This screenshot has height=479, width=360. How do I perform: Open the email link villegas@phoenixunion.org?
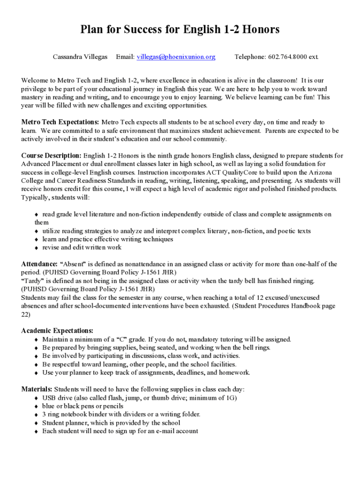(x=176, y=57)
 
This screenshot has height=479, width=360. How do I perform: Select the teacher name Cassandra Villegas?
(x=80, y=57)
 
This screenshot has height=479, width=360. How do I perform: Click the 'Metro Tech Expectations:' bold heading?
(x=60, y=123)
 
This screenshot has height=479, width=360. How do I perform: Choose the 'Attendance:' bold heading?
(x=40, y=264)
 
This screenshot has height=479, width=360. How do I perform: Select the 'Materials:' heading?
(x=37, y=389)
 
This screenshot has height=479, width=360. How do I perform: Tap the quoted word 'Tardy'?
(x=32, y=281)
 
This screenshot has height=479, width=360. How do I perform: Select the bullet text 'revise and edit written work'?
(x=82, y=247)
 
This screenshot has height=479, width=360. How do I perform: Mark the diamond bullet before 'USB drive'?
(x=36, y=398)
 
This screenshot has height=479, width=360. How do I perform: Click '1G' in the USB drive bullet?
(x=230, y=398)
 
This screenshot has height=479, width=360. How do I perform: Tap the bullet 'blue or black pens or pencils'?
(x=83, y=406)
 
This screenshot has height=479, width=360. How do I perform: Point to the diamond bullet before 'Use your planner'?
(x=36, y=373)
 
